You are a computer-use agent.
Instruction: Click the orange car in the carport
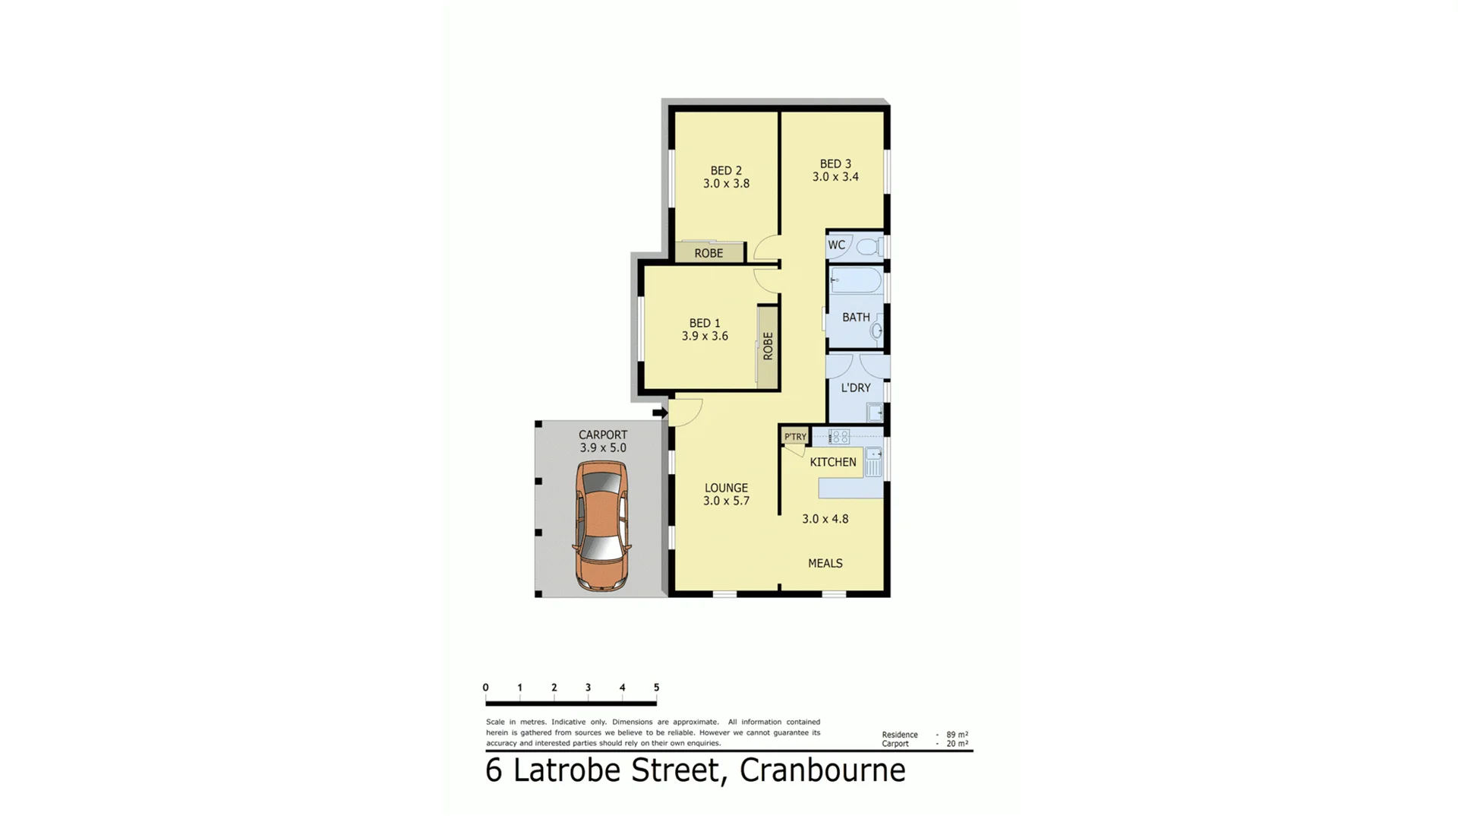coord(601,525)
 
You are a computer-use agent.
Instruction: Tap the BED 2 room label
coord(726,170)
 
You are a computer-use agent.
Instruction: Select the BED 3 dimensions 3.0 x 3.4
coord(835,177)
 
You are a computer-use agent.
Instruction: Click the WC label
coord(836,245)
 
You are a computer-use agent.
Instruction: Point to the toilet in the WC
coord(868,246)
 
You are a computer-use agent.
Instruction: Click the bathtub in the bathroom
coord(856,280)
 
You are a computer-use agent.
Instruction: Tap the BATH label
coord(856,317)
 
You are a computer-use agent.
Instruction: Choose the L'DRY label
coord(856,387)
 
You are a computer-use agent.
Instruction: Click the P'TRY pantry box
coord(795,436)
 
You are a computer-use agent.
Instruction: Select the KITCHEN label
coord(832,462)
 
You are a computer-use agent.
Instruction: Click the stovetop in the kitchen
coord(839,437)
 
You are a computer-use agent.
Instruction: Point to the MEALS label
coord(825,563)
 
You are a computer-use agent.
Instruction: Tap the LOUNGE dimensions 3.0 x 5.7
coord(726,501)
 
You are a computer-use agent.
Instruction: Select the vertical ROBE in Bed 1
coord(768,346)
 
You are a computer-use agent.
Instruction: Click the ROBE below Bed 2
coord(708,253)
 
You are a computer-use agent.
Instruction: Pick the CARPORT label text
coord(603,435)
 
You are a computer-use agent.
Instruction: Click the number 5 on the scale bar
coord(656,688)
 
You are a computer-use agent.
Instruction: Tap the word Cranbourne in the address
coord(822,770)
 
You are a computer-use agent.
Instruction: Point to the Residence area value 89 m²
coord(957,735)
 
